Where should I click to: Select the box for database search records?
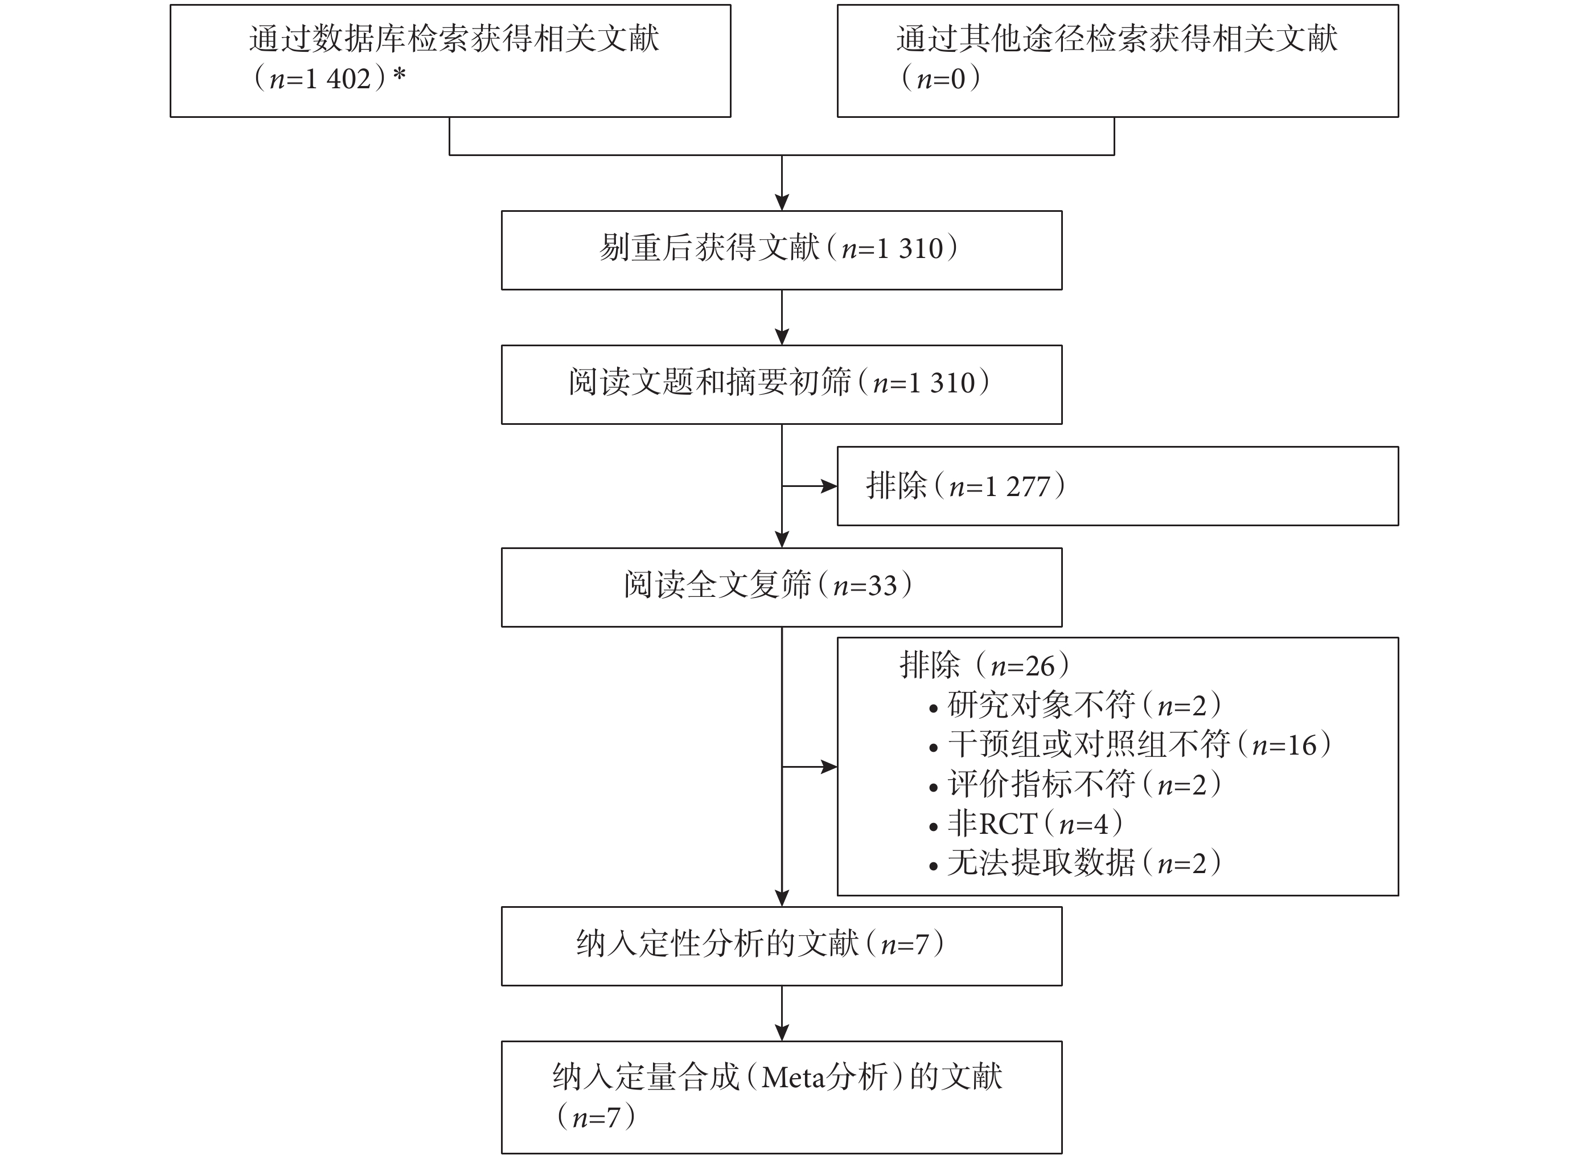click(x=450, y=60)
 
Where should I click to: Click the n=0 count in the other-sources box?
click(x=940, y=78)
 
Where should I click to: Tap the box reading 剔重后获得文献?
click(x=781, y=251)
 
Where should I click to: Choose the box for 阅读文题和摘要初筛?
click(x=781, y=384)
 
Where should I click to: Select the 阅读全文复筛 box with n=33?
click(x=781, y=587)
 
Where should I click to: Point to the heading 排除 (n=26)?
click(x=985, y=665)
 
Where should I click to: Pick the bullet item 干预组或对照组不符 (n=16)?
click(x=1129, y=744)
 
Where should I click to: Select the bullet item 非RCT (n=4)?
click(x=1025, y=823)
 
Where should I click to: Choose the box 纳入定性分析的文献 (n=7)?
click(x=781, y=947)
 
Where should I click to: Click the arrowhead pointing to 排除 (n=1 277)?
click(x=829, y=485)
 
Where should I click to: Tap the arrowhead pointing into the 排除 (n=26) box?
click(x=829, y=767)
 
